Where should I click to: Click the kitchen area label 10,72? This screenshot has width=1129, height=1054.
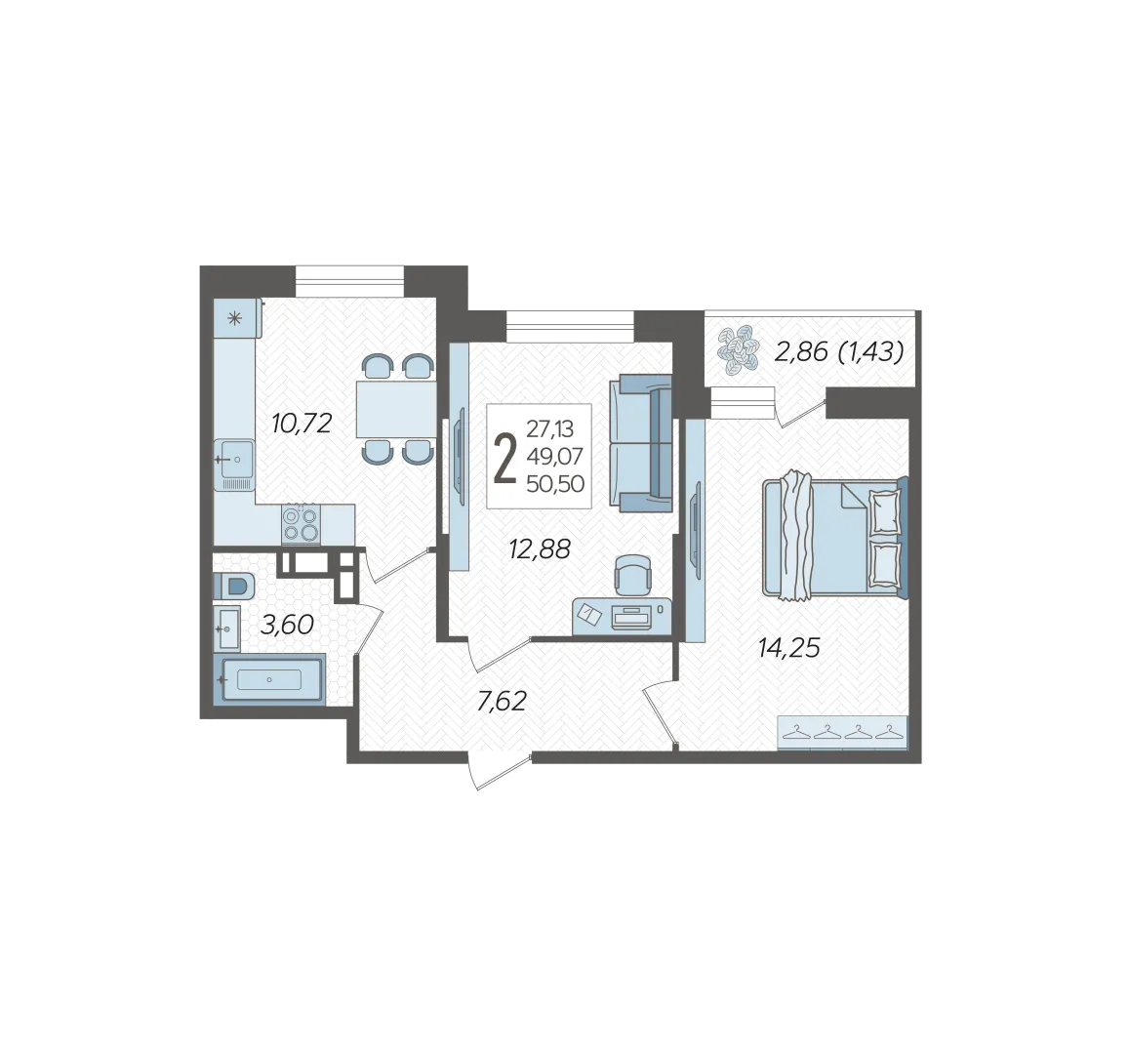pyautogui.click(x=302, y=424)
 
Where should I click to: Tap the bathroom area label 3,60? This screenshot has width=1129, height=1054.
pyautogui.click(x=287, y=625)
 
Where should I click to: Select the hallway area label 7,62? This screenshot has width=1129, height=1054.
pyautogui.click(x=502, y=701)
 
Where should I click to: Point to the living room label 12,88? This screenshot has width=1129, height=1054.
pyautogui.click(x=540, y=549)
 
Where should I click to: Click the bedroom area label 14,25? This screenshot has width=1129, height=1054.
pyautogui.click(x=789, y=648)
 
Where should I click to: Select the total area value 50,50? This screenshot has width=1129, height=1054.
pyautogui.click(x=555, y=484)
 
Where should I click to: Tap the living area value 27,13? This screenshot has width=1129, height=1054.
pyautogui.click(x=550, y=429)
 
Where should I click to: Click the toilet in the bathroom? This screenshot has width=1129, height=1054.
pyautogui.click(x=235, y=586)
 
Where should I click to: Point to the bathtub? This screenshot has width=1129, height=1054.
pyautogui.click(x=269, y=679)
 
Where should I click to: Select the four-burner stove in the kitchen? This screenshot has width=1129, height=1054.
pyautogui.click(x=301, y=523)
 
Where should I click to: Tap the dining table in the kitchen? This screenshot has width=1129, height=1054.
pyautogui.click(x=396, y=409)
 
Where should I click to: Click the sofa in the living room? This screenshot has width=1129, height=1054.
pyautogui.click(x=641, y=443)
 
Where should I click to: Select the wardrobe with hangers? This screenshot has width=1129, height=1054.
pyautogui.click(x=842, y=733)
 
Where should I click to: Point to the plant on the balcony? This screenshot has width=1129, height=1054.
pyautogui.click(x=738, y=349)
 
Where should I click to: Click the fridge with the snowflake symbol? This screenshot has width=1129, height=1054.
pyautogui.click(x=237, y=318)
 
